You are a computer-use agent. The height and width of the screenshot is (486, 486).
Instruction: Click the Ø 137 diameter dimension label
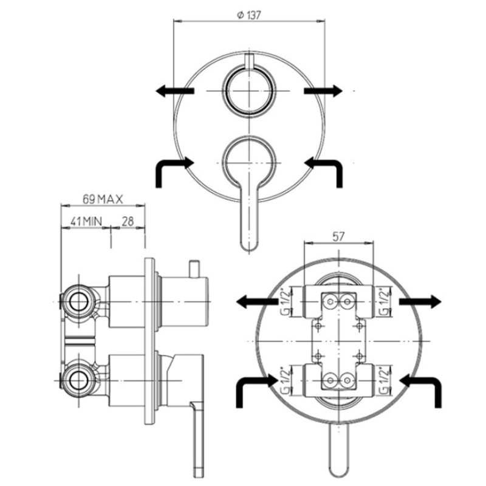coord(248,15)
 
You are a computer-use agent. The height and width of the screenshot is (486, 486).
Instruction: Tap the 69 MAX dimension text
coord(103,199)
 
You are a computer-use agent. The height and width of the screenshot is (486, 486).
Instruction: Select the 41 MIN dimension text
coord(86,221)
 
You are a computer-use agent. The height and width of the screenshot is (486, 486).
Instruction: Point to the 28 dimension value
coord(128,221)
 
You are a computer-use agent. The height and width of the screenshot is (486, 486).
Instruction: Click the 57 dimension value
coord(338,236)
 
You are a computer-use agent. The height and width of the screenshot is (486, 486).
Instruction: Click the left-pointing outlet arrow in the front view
coord(175,91)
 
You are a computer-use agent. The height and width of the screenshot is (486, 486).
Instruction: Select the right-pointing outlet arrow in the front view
coord(323,91)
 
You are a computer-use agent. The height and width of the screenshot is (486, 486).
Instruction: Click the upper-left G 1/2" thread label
coord(286,301)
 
